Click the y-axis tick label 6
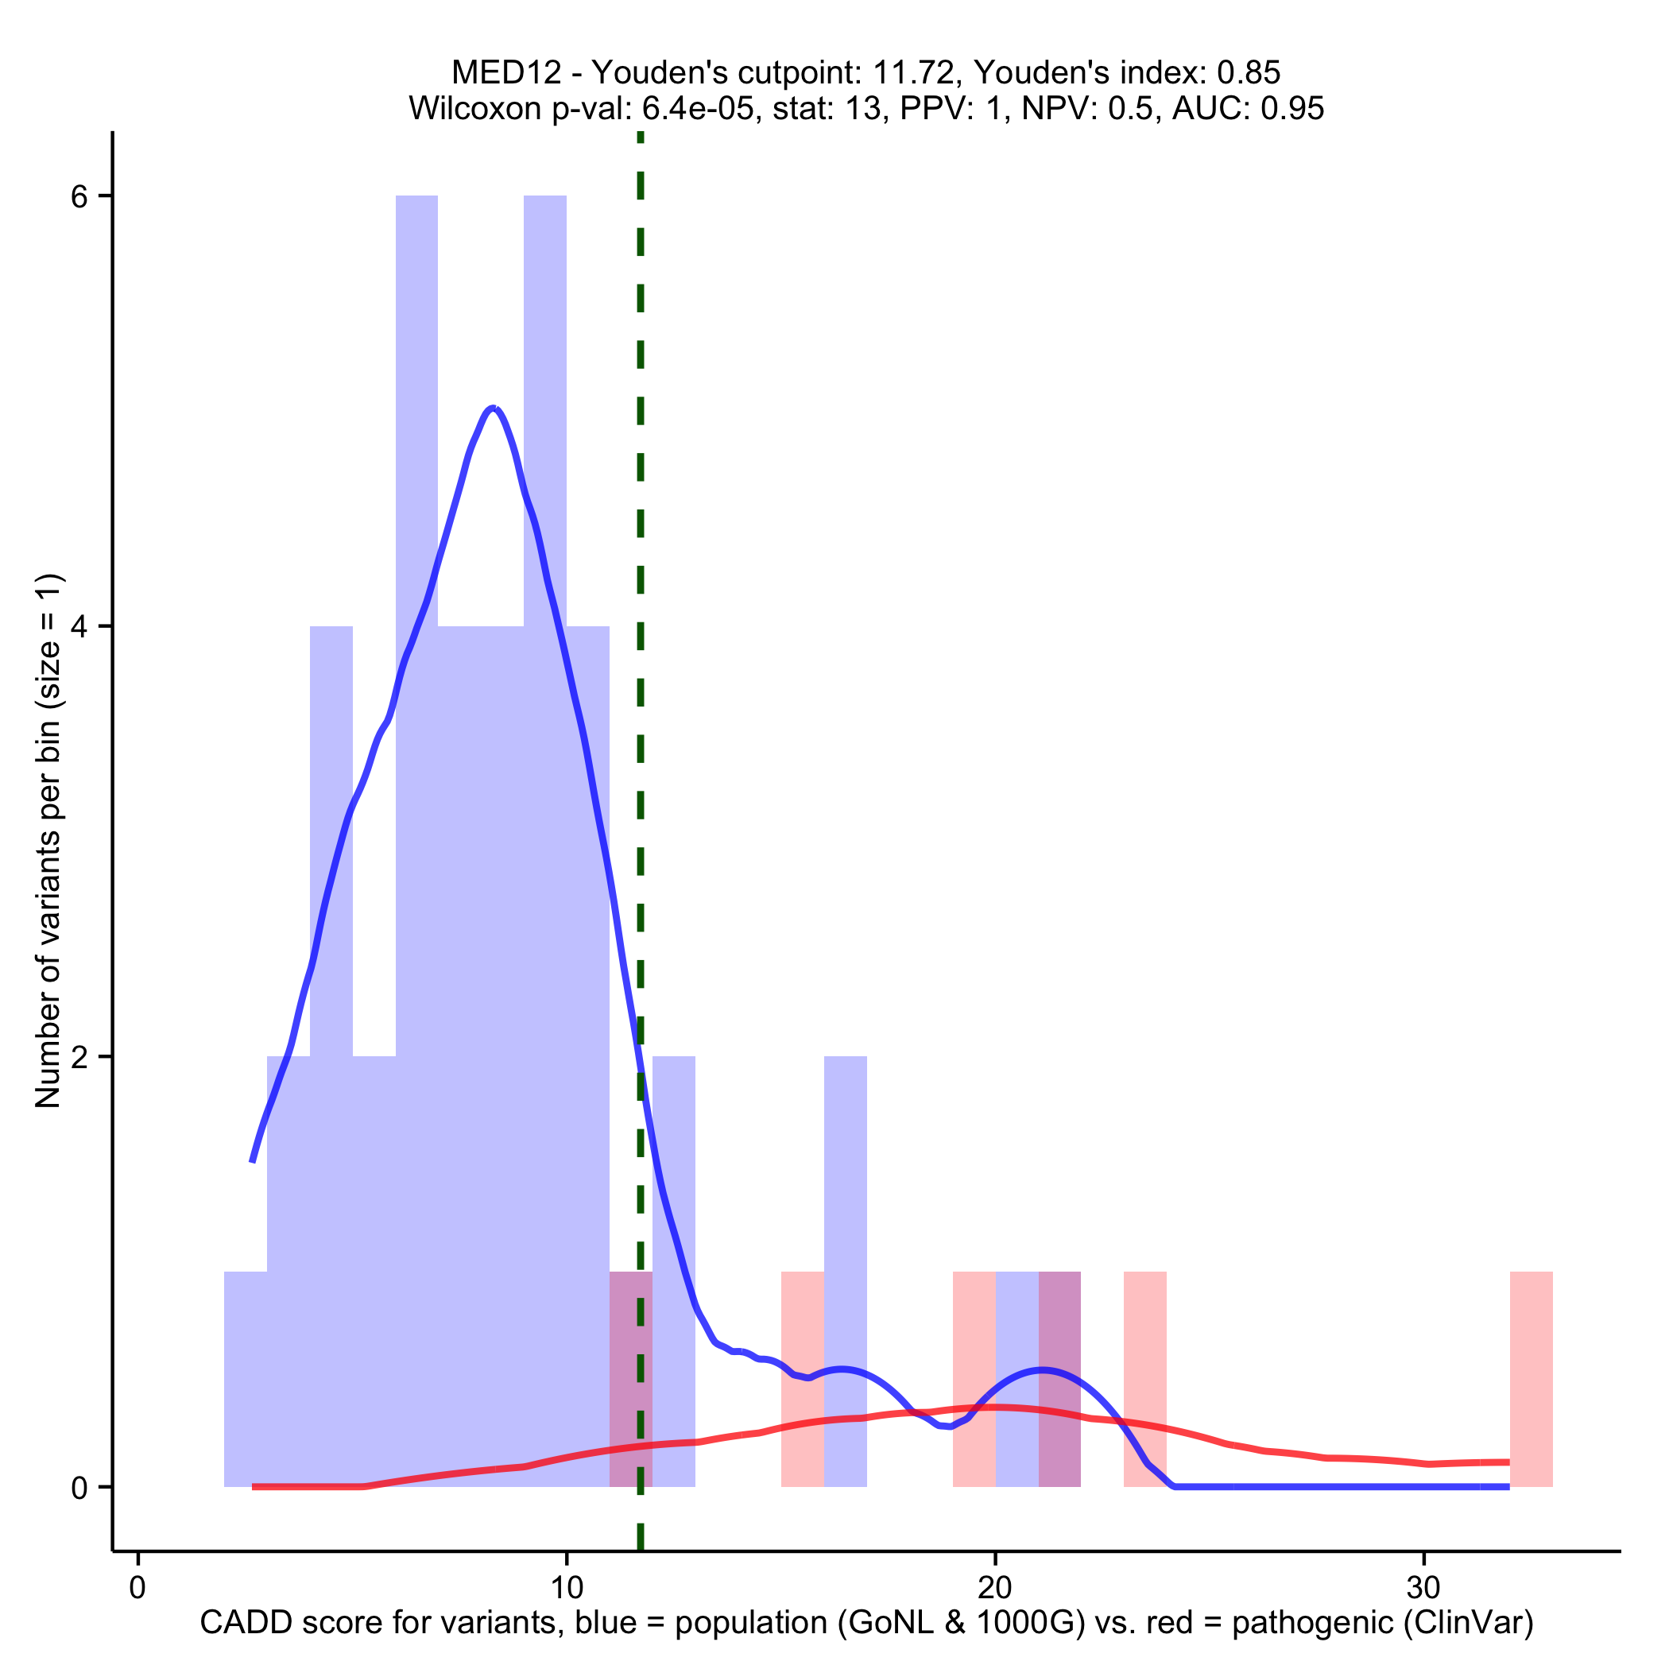pyautogui.click(x=79, y=197)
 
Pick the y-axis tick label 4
pyautogui.click(x=79, y=626)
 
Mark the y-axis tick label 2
pyautogui.click(x=79, y=1056)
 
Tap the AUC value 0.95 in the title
pyautogui.click(x=1292, y=109)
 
